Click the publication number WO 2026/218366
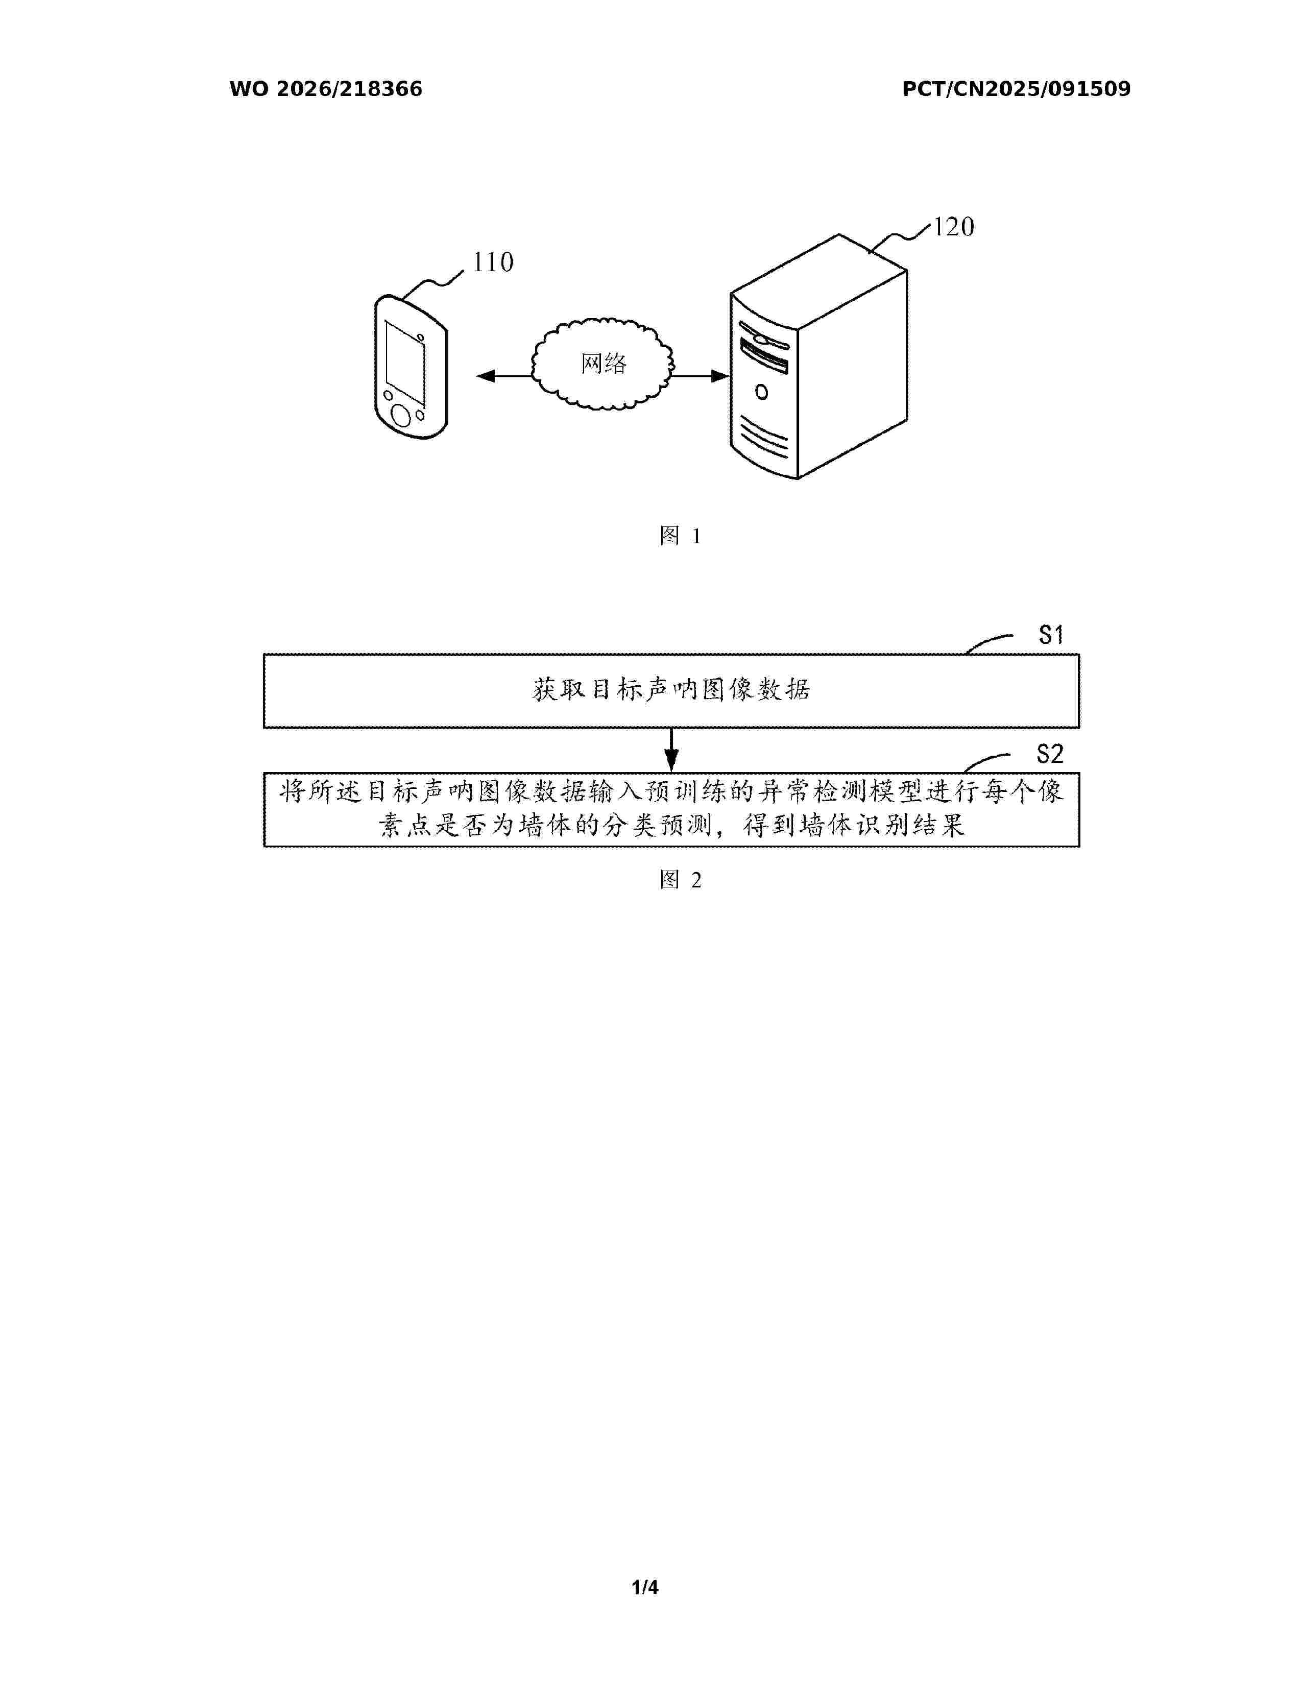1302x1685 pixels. pos(326,89)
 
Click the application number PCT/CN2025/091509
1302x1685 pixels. pos(1017,89)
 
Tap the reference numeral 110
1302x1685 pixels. pos(493,262)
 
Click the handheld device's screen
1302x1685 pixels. pos(405,362)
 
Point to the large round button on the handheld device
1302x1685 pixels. pos(400,415)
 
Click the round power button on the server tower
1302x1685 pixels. pos(761,392)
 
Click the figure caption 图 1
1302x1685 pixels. pos(680,536)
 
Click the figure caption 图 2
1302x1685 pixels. pos(680,880)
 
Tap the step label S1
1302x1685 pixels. pos(1051,635)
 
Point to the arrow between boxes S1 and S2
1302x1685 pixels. pos(672,749)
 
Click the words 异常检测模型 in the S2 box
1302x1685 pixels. pos(840,791)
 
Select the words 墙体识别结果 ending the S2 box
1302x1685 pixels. pos(882,826)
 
